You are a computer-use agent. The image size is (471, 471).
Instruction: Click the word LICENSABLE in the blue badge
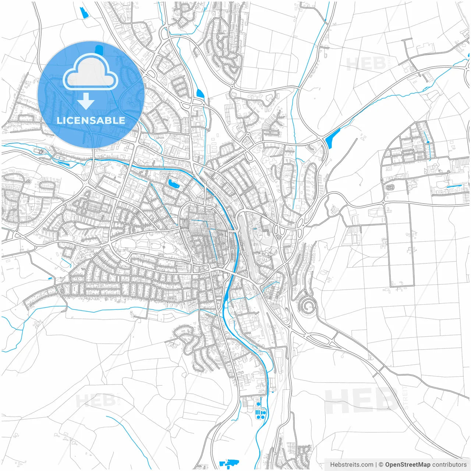point(91,120)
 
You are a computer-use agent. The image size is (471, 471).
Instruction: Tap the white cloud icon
point(90,72)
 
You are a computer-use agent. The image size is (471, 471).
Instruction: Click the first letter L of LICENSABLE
point(59,120)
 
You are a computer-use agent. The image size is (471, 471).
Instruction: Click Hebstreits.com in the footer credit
point(351,465)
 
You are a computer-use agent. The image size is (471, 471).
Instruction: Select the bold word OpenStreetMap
point(407,465)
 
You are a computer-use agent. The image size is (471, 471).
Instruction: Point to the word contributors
point(449,465)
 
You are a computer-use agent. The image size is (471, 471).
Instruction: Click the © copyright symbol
point(381,465)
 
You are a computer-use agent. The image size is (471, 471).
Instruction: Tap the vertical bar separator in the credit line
point(376,465)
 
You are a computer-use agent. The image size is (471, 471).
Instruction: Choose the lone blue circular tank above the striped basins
point(258,404)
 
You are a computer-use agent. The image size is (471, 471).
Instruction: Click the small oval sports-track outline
point(390,187)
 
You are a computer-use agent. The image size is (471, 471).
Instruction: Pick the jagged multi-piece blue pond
point(229,463)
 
